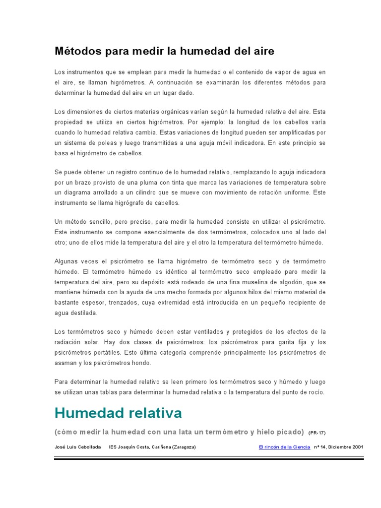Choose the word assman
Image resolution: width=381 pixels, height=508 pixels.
click(x=66, y=363)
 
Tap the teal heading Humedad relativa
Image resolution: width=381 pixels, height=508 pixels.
click(x=118, y=413)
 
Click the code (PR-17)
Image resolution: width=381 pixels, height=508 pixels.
click(x=317, y=433)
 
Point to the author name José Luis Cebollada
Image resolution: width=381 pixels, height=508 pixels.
click(x=79, y=447)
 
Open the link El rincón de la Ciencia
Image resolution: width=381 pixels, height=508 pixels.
click(x=284, y=447)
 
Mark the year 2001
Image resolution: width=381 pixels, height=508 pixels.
click(x=357, y=447)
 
